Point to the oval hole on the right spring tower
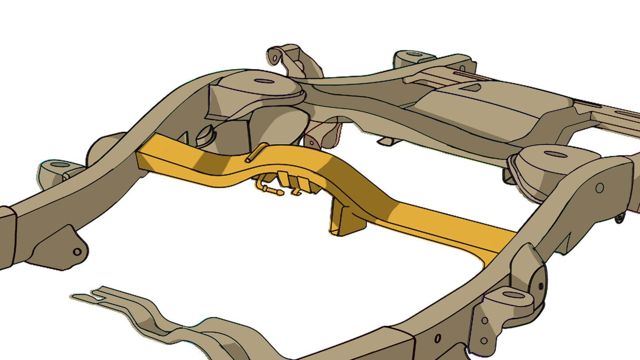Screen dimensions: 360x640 point(555,154)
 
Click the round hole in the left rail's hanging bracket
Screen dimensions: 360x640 point(77,252)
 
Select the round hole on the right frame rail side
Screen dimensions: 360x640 point(599,188)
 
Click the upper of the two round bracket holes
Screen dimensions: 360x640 point(485,320)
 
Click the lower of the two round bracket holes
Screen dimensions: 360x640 point(484,341)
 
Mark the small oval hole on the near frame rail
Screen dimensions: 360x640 point(438,338)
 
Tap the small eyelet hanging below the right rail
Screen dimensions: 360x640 point(619,218)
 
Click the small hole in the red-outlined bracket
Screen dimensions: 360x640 point(311,143)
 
